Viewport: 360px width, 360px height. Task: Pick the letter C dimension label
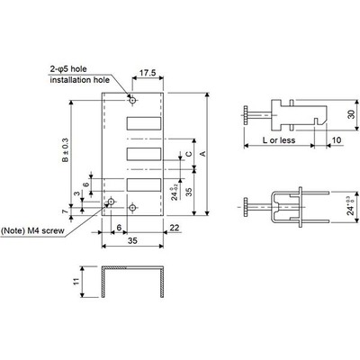[189, 155]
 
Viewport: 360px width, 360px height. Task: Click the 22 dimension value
[172, 227]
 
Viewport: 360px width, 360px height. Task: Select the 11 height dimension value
[76, 281]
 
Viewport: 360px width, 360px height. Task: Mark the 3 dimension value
[77, 194]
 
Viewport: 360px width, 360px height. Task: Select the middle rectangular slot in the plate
[142, 156]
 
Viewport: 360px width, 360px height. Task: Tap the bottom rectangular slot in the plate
[142, 186]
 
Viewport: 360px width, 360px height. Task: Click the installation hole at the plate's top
[132, 100]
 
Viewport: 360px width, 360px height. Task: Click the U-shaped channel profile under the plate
[133, 282]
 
